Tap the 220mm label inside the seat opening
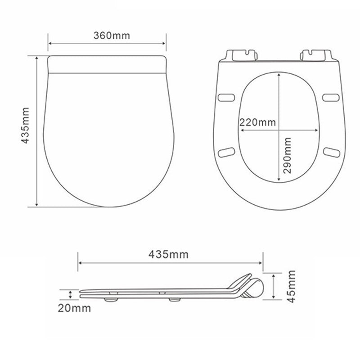[258, 122]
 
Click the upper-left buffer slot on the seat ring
[226, 97]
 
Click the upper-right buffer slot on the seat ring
[332, 97]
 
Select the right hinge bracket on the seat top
[315, 54]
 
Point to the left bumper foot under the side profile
[111, 297]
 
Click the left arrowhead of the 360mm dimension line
[50, 44]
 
